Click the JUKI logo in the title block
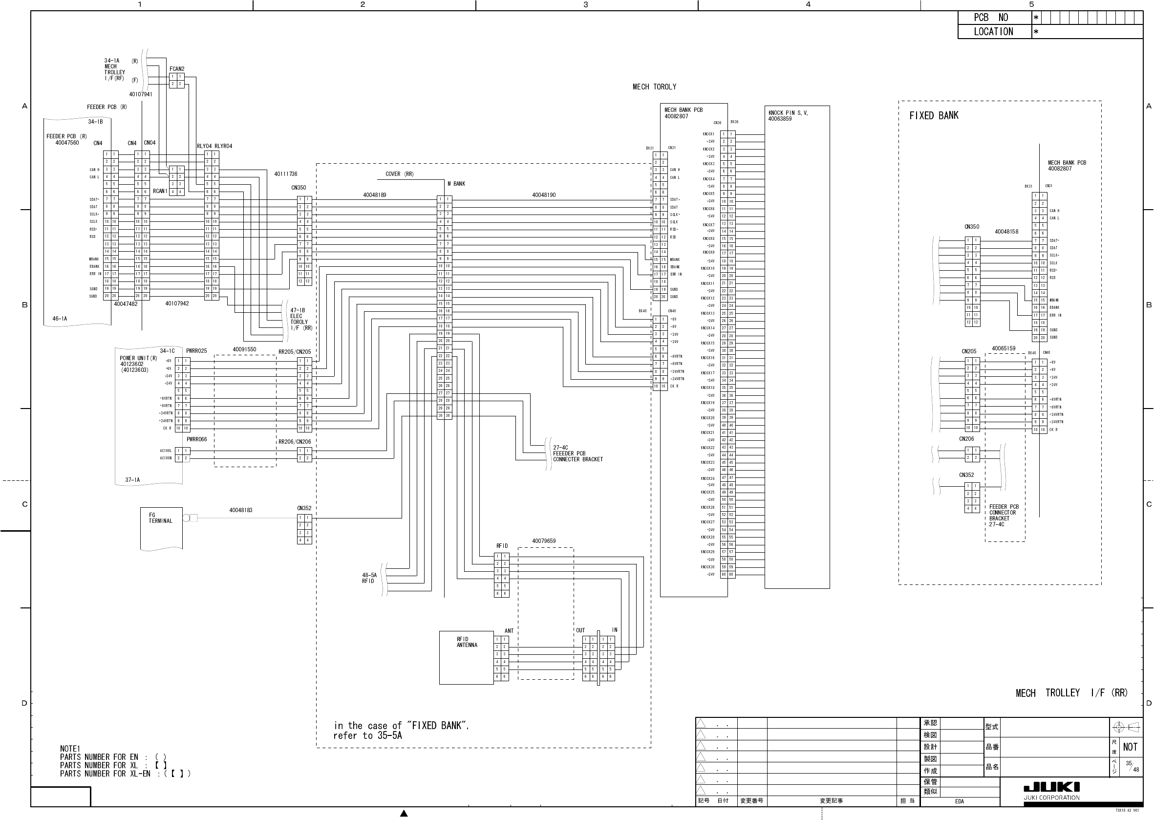click(x=1051, y=787)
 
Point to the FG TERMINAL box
click(x=161, y=528)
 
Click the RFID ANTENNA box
click(x=466, y=657)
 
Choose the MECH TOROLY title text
click(x=654, y=87)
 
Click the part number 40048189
click(x=375, y=195)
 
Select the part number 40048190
click(x=544, y=195)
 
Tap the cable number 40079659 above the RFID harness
click(x=544, y=541)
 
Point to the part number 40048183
click(x=241, y=510)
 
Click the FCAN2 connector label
click(x=177, y=69)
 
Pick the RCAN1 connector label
click(x=160, y=191)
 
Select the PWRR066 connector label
click(x=197, y=439)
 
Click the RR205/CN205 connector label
click(x=295, y=352)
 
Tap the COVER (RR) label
click(x=399, y=174)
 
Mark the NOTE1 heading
click(x=70, y=748)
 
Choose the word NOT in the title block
click(x=1130, y=747)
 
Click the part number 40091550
click(x=244, y=349)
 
